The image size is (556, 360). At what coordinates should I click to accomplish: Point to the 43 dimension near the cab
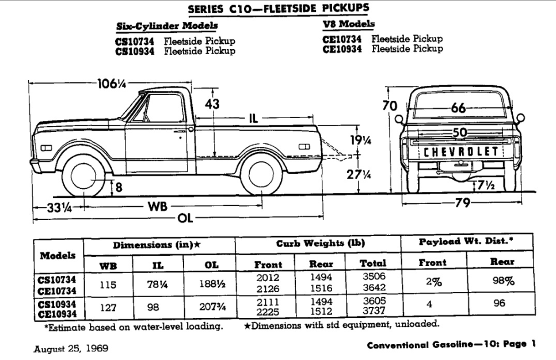pos(212,105)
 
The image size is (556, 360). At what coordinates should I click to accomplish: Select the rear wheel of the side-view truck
pos(262,175)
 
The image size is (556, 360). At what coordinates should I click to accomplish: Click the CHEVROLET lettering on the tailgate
pos(461,151)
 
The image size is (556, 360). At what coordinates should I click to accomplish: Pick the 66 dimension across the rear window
pos(458,108)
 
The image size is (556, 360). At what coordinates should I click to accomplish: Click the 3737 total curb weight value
pos(372,312)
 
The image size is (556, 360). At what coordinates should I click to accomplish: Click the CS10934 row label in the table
pos(58,303)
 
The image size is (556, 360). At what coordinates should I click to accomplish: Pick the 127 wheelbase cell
pos(108,307)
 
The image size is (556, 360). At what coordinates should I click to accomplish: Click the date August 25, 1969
pos(70,348)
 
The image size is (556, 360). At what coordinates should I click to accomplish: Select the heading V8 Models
pos(349,24)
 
